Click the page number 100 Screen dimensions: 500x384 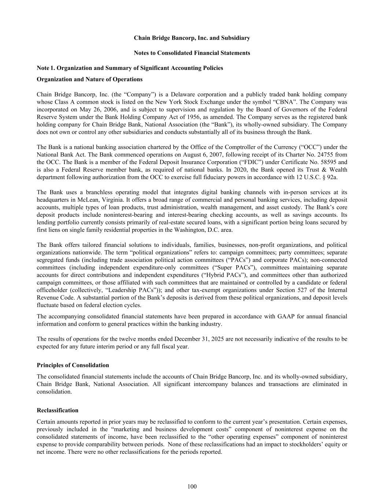point(192,486)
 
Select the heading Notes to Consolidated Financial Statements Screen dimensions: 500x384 point(192,53)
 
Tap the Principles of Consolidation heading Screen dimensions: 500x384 point(73,365)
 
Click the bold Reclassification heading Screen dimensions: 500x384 point(58,410)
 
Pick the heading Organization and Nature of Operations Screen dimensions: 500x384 point(90,79)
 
